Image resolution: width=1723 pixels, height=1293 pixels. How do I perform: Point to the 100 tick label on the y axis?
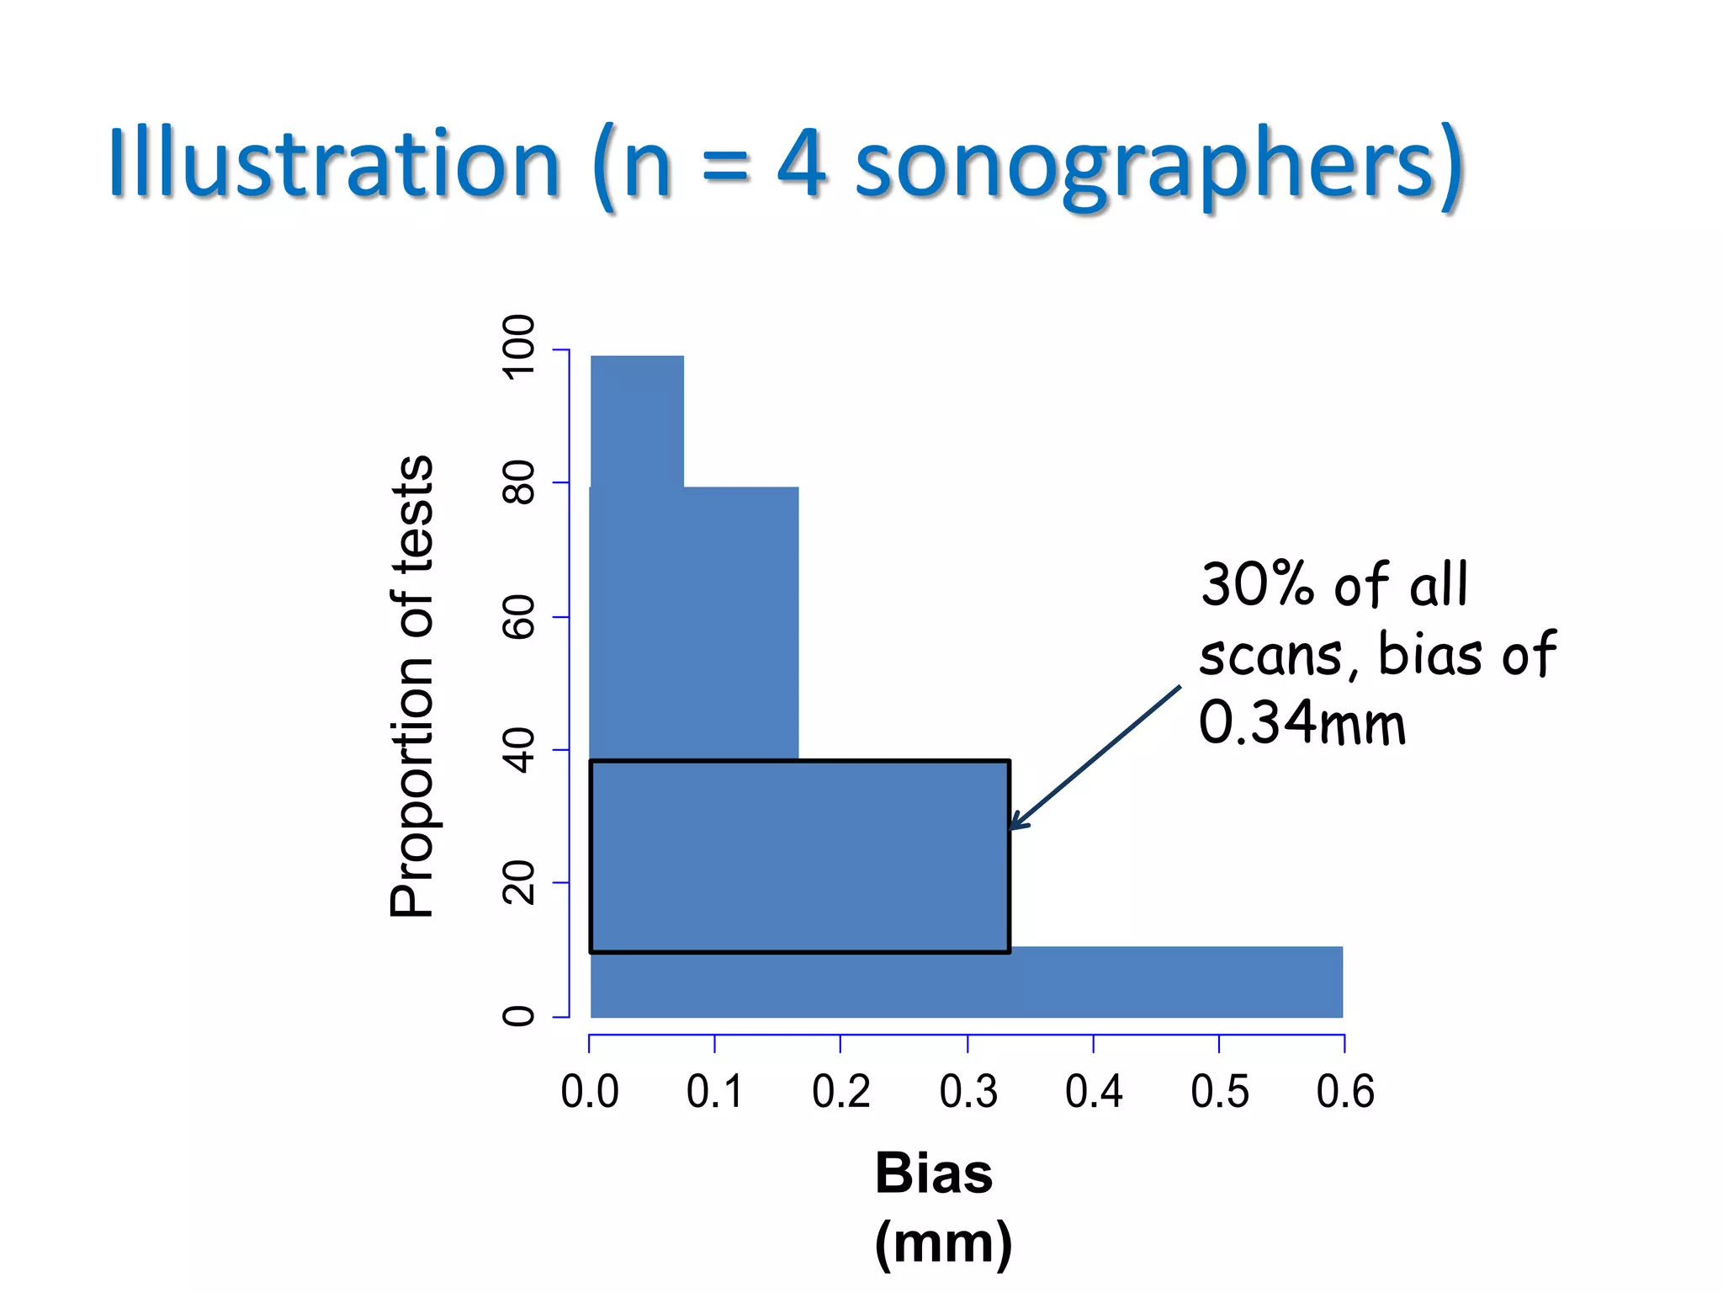[518, 348]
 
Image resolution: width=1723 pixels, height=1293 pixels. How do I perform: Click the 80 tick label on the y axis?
[518, 482]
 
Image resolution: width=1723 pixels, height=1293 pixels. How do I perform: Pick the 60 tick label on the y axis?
[518, 617]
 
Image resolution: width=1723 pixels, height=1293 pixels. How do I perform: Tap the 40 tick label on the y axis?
[518, 750]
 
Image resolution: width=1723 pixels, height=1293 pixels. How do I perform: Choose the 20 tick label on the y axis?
[518, 883]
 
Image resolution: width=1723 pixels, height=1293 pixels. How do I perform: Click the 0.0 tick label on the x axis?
[590, 1092]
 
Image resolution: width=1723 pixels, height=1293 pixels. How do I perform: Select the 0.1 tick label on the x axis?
[715, 1092]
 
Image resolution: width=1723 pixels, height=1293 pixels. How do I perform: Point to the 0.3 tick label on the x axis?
[968, 1092]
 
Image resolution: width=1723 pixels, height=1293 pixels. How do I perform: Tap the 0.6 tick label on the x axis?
[1345, 1092]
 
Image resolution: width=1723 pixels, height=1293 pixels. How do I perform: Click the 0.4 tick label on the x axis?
[1094, 1092]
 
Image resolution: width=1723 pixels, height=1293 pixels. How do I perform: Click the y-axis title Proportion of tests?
[411, 686]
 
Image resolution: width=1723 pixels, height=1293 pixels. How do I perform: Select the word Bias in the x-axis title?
[934, 1173]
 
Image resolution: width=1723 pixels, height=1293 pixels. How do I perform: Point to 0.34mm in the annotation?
[1302, 723]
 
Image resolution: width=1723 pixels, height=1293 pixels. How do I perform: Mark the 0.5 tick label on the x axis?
[1220, 1092]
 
